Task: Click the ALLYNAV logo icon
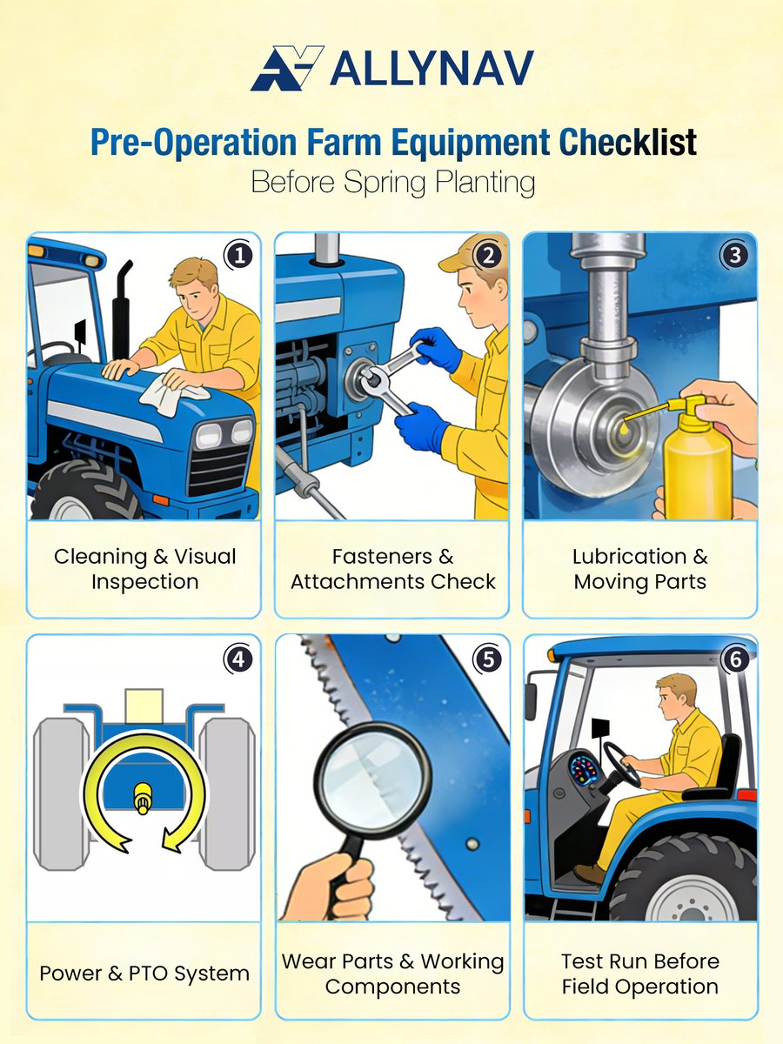pyautogui.click(x=286, y=68)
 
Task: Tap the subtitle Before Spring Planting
pyautogui.click(x=391, y=184)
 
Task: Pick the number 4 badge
pyautogui.click(x=239, y=659)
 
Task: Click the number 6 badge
pyautogui.click(x=736, y=659)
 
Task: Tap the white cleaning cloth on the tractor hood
pyautogui.click(x=174, y=397)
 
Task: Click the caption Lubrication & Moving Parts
pyautogui.click(x=639, y=569)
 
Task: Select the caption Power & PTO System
pyautogui.click(x=144, y=973)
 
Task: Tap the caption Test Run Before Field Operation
pyautogui.click(x=639, y=974)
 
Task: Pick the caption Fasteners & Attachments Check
pyautogui.click(x=392, y=569)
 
